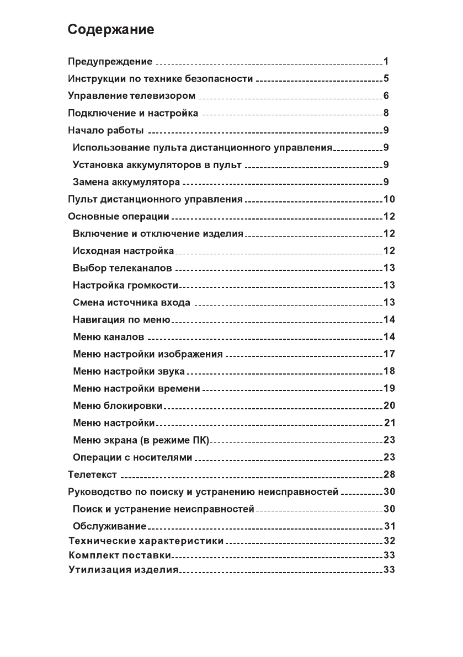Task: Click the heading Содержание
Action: coord(110,30)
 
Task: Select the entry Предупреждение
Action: coord(110,61)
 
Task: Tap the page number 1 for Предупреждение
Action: coord(387,61)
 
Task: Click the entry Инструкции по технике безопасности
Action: coord(160,79)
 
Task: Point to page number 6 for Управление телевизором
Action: coord(387,96)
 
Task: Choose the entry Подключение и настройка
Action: coord(132,114)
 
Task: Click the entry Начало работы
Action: coord(105,131)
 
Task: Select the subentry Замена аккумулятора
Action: coord(126,182)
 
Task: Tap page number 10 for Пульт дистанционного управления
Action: coord(389,199)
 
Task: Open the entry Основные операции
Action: coord(118,216)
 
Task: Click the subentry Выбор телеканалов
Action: coord(122,269)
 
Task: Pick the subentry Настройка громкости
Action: coord(126,285)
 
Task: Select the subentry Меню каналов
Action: coord(109,336)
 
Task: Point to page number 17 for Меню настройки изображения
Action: coord(389,354)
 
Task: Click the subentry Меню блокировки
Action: coord(118,406)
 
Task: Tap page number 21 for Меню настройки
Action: coord(389,423)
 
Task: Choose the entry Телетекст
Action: coord(92,474)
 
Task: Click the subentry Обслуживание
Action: coord(109,526)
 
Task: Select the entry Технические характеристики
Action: coord(146,541)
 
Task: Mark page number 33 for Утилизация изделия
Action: coord(389,569)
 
